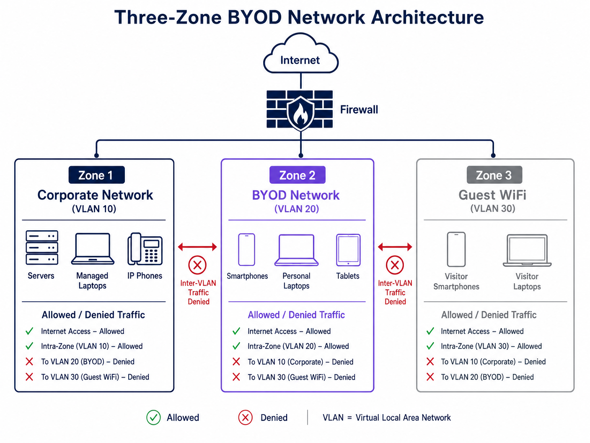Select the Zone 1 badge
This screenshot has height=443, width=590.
point(96,175)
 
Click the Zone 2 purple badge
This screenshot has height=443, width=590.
point(297,175)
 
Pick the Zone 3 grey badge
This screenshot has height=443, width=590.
point(494,175)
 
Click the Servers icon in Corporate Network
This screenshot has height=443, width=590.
point(42,248)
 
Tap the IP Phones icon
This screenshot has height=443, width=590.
point(145,248)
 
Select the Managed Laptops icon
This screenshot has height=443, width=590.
point(93,249)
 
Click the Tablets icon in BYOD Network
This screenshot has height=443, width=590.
point(348,250)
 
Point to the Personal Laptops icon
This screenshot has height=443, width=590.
point(296,250)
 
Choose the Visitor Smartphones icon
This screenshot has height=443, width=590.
point(456,249)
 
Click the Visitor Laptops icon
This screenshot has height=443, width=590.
point(527,250)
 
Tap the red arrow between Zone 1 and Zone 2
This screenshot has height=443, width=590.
point(197,247)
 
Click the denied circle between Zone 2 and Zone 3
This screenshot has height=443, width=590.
point(395,265)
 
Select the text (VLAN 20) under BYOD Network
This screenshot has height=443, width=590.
point(297,209)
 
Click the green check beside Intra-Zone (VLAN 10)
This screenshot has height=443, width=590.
point(29,346)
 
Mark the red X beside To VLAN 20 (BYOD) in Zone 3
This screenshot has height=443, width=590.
point(430,377)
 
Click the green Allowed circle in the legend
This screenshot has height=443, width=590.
point(153,417)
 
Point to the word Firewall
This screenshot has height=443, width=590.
point(359,109)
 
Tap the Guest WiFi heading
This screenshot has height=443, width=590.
point(492,195)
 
